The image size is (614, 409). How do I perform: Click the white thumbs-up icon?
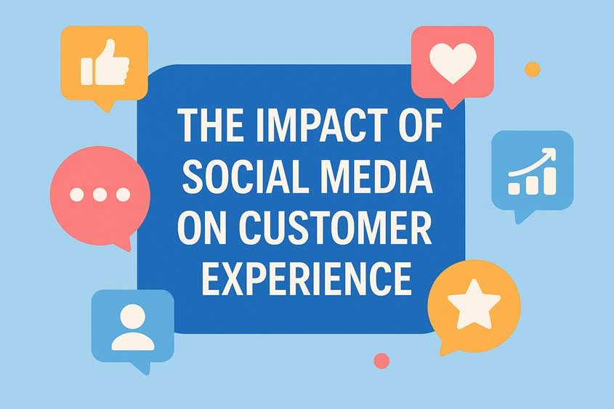105,65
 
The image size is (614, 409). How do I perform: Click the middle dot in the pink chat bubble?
100,195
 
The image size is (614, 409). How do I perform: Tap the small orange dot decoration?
533,69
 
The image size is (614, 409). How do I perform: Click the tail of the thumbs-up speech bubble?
108,105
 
